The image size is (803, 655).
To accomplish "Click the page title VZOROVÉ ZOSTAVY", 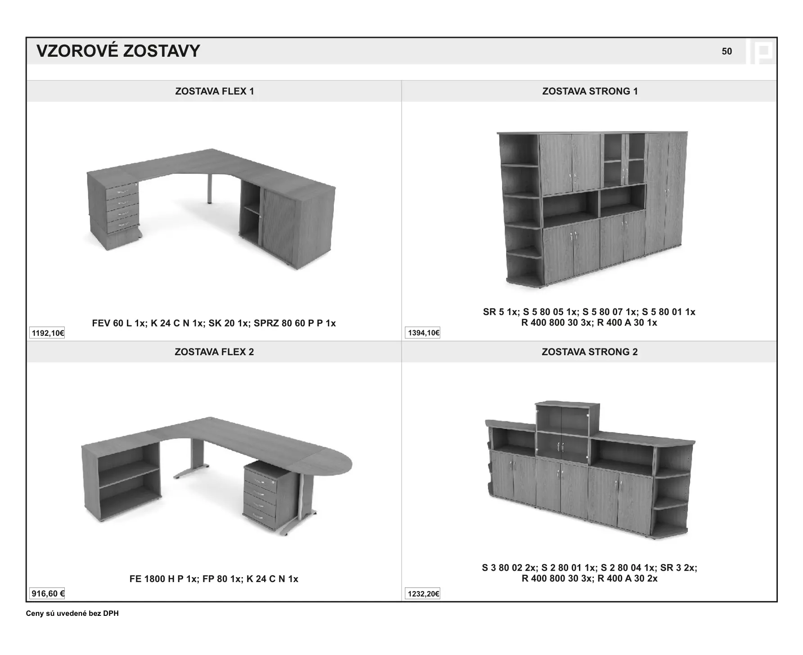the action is [x=118, y=51].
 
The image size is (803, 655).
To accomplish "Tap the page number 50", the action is [x=727, y=51].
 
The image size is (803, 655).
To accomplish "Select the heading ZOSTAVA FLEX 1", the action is [x=215, y=91].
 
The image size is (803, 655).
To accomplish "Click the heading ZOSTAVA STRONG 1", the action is [x=590, y=91].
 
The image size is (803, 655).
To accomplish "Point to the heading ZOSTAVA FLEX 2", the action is [x=214, y=352].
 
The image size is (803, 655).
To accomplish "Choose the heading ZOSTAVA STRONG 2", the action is [x=589, y=352].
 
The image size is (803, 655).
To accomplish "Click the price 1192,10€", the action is [x=48, y=333].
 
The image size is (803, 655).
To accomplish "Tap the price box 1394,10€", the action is [x=423, y=333].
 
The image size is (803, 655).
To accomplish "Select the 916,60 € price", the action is [x=48, y=594].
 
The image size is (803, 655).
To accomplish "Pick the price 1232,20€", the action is [x=423, y=594].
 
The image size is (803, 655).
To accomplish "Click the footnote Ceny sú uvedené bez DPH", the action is [x=72, y=614].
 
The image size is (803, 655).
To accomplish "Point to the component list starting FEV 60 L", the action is [x=214, y=323].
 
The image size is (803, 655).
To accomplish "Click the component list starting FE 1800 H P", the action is [x=214, y=579].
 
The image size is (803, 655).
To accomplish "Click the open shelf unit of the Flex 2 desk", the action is [x=121, y=482].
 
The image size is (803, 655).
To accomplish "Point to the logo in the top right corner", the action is [x=760, y=51].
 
